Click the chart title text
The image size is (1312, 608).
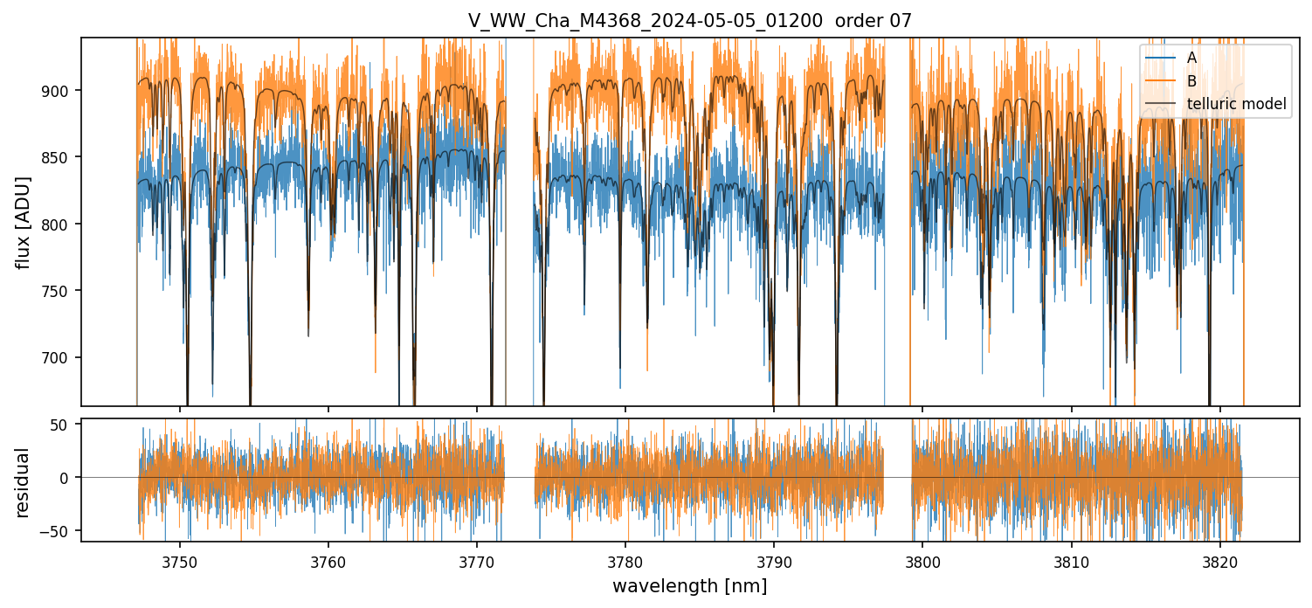point(690,21)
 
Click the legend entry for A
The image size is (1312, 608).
point(1191,58)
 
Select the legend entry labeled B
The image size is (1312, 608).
point(1191,81)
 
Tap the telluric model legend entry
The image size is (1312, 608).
point(1236,104)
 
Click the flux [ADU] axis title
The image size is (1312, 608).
point(24,222)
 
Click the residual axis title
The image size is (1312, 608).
point(24,482)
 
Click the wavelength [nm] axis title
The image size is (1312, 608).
point(689,586)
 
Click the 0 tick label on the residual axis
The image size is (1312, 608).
point(69,478)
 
